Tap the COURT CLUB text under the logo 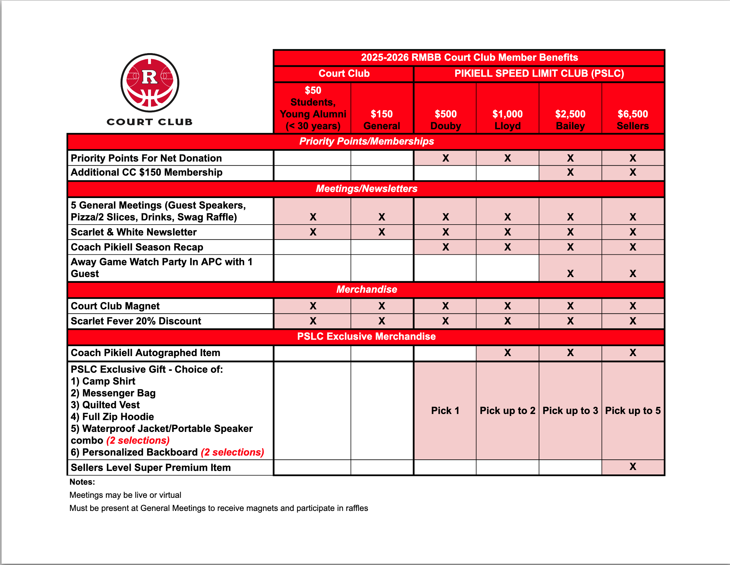[149, 122]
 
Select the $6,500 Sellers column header [632, 120]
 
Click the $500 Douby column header [445, 120]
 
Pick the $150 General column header [381, 120]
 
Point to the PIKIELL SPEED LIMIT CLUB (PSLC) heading [539, 74]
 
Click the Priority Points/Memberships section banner [366, 141]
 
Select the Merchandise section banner [366, 290]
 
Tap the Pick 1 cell [445, 410]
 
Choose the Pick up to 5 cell [632, 410]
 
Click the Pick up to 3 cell [570, 410]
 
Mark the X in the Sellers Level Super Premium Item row [632, 467]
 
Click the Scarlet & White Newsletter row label [134, 232]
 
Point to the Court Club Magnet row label [115, 306]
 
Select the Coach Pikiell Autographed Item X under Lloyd [507, 353]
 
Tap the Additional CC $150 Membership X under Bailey [570, 172]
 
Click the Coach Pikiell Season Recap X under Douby [445, 247]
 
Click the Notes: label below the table [82, 482]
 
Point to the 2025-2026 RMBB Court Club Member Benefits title [469, 58]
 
